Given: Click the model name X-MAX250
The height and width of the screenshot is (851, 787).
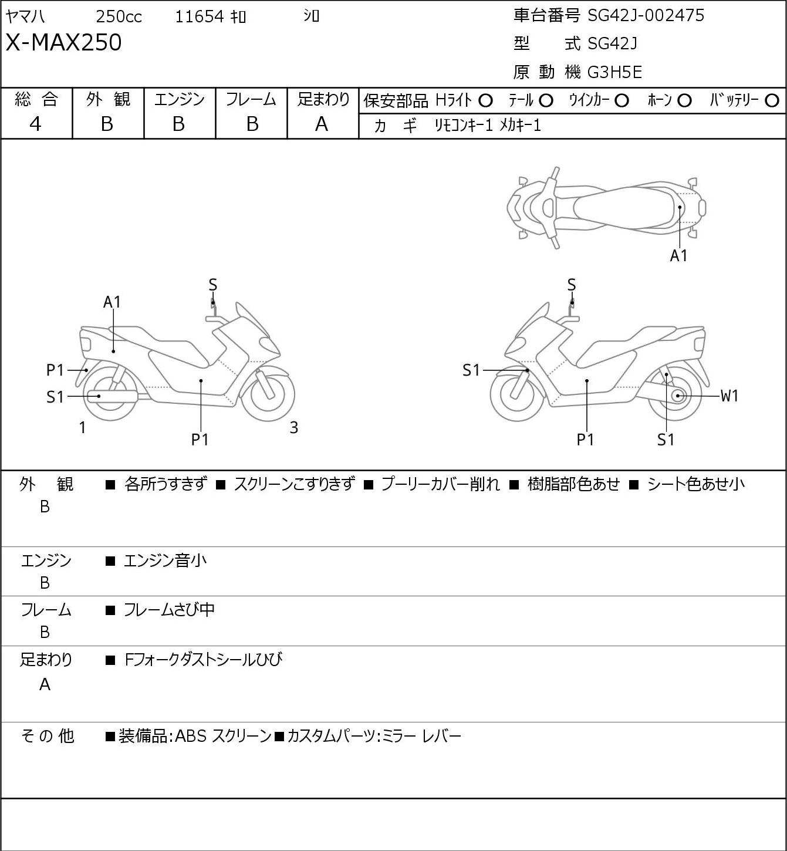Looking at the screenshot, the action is [x=63, y=42].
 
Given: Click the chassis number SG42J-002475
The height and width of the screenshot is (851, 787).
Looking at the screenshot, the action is [x=646, y=15].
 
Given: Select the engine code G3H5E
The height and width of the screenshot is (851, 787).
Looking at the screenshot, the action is [x=614, y=72].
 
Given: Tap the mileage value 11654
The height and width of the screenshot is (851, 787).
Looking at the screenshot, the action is [x=200, y=16].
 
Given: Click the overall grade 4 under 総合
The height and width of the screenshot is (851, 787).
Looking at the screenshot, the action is [x=35, y=124].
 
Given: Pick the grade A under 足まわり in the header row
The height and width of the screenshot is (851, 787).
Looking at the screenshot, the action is [x=322, y=124].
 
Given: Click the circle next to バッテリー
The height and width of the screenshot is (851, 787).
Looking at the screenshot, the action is [x=772, y=101].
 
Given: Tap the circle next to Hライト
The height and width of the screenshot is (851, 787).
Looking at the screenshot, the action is [x=485, y=101].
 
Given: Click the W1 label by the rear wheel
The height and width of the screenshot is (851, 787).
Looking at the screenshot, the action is [x=729, y=396].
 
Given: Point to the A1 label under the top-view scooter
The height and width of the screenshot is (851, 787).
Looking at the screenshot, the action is [x=679, y=256].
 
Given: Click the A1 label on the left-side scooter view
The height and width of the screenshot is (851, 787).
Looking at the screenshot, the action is [x=112, y=302].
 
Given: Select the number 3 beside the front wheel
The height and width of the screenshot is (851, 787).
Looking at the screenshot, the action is [x=293, y=427].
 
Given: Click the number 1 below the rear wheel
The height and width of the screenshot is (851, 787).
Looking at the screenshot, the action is [x=83, y=427].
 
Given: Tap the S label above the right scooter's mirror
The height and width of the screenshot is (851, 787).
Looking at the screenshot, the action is [x=572, y=285].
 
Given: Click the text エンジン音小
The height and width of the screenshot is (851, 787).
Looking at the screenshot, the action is [x=165, y=560].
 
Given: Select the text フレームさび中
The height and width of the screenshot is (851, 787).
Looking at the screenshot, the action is [x=169, y=609].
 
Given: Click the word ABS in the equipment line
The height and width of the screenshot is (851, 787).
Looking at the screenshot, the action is [x=191, y=736].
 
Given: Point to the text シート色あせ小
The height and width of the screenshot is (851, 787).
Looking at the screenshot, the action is [x=695, y=484].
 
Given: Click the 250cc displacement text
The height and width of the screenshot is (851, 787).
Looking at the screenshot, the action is [x=119, y=16].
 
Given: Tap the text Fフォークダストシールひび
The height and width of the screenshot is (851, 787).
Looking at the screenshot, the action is [x=203, y=659].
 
